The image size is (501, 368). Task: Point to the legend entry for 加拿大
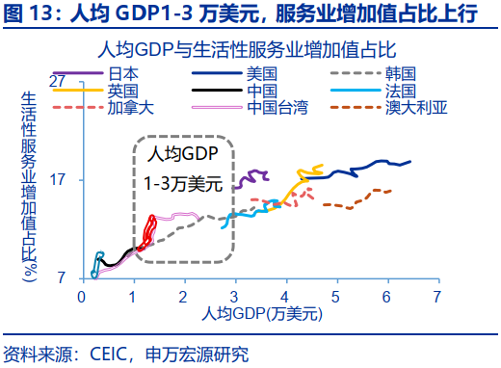pos(130,106)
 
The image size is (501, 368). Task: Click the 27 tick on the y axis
pos(59,80)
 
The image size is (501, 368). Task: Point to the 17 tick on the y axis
pos(59,179)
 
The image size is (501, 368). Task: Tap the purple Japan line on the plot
pos(254,176)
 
